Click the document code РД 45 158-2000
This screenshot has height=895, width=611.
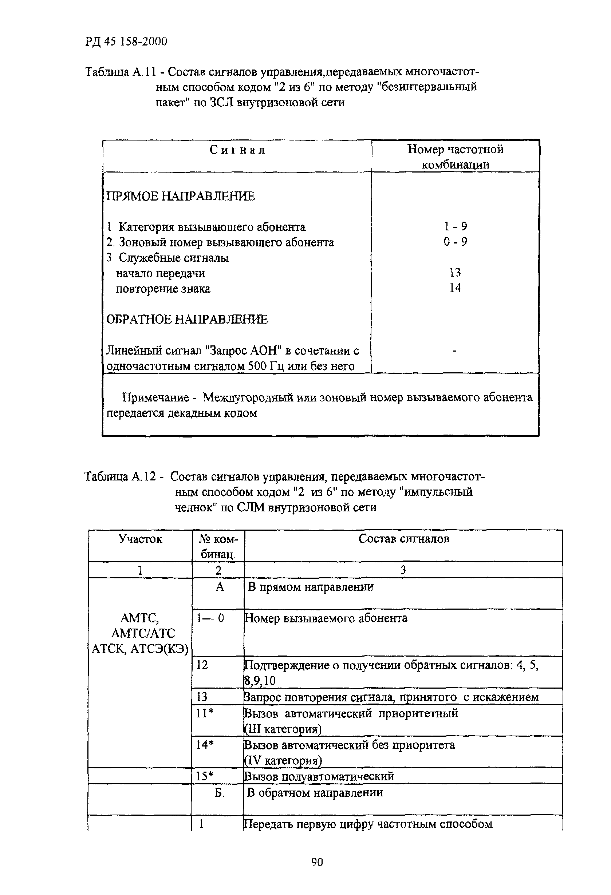(126, 41)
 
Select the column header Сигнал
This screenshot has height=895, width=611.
(237, 150)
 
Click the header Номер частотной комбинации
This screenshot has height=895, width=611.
(456, 157)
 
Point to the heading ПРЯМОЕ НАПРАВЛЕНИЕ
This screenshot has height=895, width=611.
(180, 197)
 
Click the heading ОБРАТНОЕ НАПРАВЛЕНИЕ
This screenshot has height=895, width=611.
(187, 319)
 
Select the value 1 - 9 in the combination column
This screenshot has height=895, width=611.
(456, 226)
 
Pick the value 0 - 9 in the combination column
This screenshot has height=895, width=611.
(456, 242)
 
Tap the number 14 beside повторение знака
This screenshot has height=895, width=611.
(455, 288)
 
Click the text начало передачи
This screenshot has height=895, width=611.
(160, 273)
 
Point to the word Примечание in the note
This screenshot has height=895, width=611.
(155, 397)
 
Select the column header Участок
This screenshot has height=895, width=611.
(140, 539)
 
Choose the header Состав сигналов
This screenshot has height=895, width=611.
(403, 539)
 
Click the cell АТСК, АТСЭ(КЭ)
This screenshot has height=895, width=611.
(140, 650)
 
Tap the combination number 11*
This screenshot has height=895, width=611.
(205, 713)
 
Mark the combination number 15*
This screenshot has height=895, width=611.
(205, 776)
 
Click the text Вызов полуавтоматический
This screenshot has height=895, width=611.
(319, 776)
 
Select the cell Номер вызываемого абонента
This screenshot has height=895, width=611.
(326, 618)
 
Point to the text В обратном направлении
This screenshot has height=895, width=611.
(315, 793)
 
